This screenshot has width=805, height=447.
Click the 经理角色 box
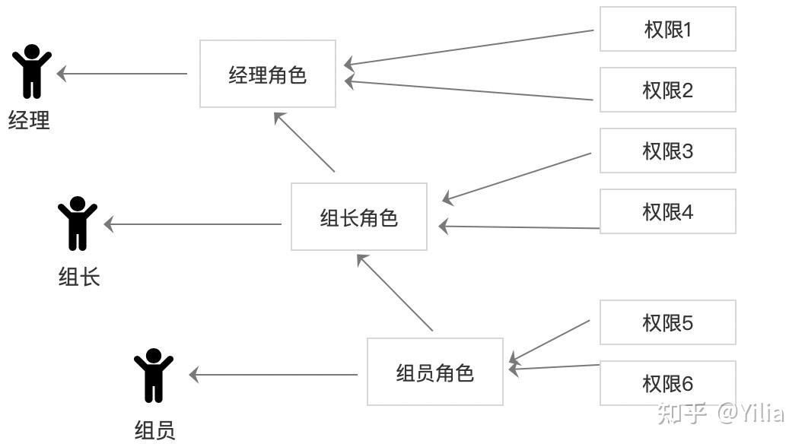click(x=267, y=74)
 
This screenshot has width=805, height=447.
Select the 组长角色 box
click(x=358, y=217)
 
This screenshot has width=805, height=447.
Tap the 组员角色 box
click(x=434, y=372)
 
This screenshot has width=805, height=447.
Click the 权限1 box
click(x=667, y=30)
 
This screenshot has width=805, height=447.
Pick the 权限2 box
click(x=667, y=90)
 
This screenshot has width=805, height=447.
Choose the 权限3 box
click(x=667, y=151)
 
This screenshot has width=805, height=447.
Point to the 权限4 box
click(x=667, y=211)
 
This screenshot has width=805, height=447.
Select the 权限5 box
click(x=667, y=322)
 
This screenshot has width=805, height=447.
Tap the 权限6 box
click(x=667, y=383)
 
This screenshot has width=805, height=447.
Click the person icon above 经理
click(x=32, y=71)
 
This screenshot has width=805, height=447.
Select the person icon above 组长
click(x=78, y=223)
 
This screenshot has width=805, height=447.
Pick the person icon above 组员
click(x=154, y=375)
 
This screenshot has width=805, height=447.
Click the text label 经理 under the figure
click(x=29, y=120)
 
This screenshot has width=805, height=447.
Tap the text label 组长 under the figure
click(x=79, y=276)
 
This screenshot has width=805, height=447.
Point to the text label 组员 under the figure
click(x=155, y=431)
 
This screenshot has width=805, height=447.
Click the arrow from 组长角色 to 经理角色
click(x=305, y=142)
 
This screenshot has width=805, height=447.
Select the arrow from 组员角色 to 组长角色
click(x=395, y=293)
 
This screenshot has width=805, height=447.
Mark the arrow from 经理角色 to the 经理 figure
click(x=123, y=74)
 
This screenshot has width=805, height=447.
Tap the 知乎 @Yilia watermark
click(x=720, y=413)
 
